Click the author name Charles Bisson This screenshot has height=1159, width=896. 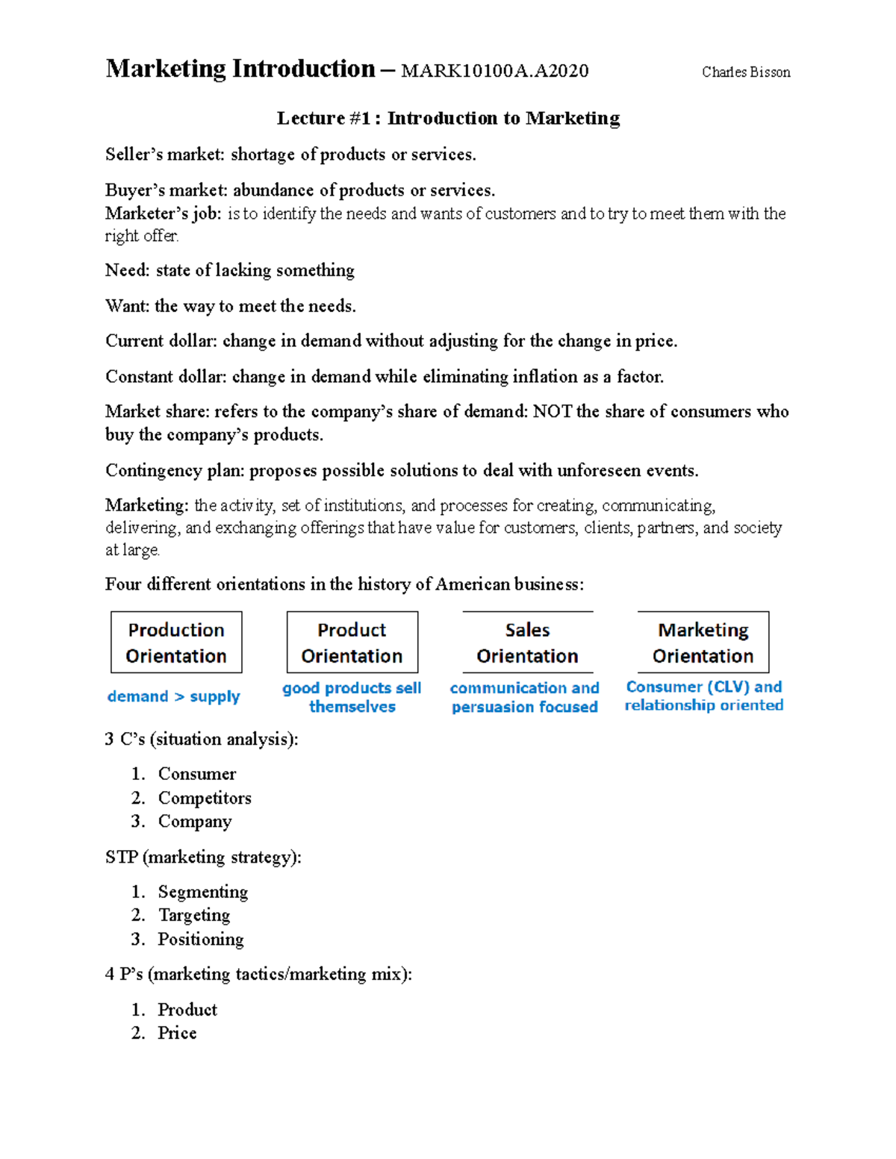click(x=745, y=72)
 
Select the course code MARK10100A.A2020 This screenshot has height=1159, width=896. click(x=494, y=71)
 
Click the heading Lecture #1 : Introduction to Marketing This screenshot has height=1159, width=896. click(x=448, y=118)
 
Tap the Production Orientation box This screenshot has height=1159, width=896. click(x=176, y=643)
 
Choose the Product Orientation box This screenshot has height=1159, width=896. click(x=352, y=643)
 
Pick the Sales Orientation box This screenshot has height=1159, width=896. click(x=527, y=643)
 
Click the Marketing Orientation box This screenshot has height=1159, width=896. click(x=703, y=643)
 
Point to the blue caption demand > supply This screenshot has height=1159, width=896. click(x=173, y=696)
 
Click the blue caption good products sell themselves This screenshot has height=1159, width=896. click(x=352, y=697)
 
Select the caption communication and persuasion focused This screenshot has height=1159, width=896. click(x=524, y=697)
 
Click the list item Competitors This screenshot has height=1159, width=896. click(x=205, y=798)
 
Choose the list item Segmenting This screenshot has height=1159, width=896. click(x=202, y=892)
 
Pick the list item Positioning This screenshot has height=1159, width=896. click(x=200, y=939)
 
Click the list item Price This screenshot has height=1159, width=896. click(x=177, y=1033)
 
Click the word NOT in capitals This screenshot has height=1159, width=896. click(x=552, y=412)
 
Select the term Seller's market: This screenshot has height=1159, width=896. click(x=164, y=154)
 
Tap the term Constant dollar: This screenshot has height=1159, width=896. click(x=165, y=377)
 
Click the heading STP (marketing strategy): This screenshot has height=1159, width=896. click(x=203, y=857)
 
